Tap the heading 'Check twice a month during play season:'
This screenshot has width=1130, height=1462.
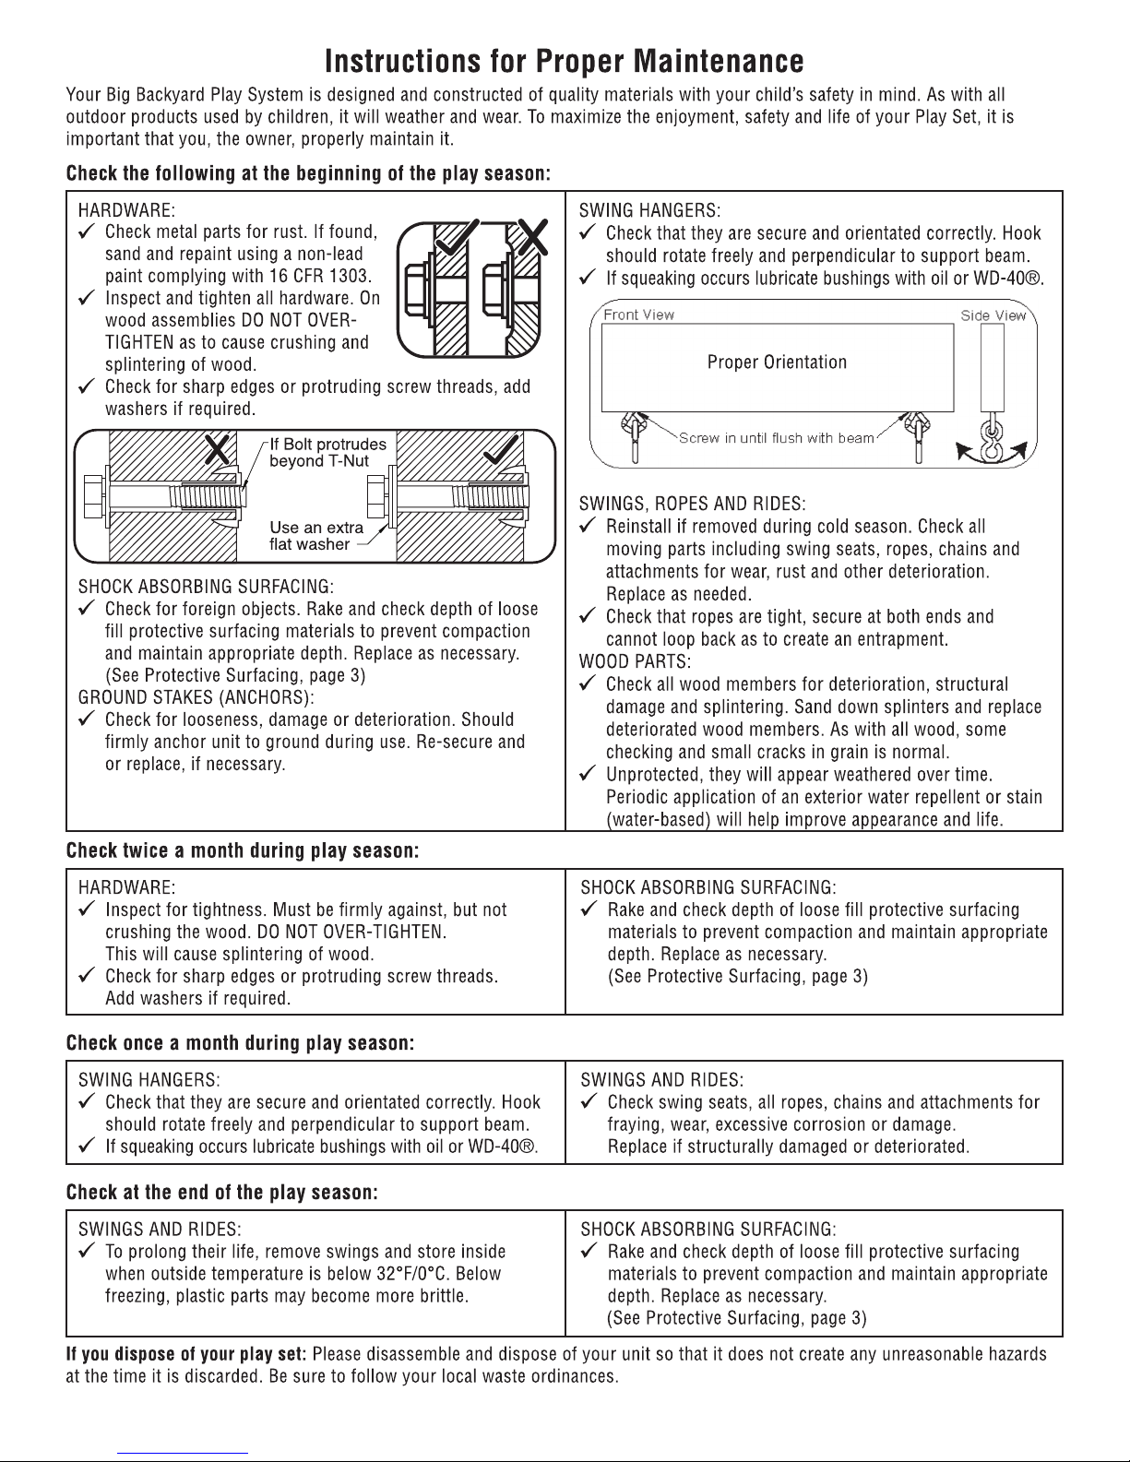point(244,850)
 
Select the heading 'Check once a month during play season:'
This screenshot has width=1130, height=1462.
point(240,1043)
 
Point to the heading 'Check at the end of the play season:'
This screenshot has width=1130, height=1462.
point(222,1193)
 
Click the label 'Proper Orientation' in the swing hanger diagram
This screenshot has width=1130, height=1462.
point(777,362)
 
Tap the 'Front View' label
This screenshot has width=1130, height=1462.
point(638,315)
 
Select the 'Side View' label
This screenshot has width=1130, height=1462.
point(993,315)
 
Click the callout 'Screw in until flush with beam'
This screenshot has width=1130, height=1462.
point(776,438)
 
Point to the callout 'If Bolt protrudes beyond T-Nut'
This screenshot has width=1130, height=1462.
point(327,452)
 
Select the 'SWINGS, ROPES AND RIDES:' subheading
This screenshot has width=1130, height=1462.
point(692,504)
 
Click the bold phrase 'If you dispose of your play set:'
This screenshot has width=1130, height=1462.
point(187,1355)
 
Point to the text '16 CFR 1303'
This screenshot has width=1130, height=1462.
point(323,276)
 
